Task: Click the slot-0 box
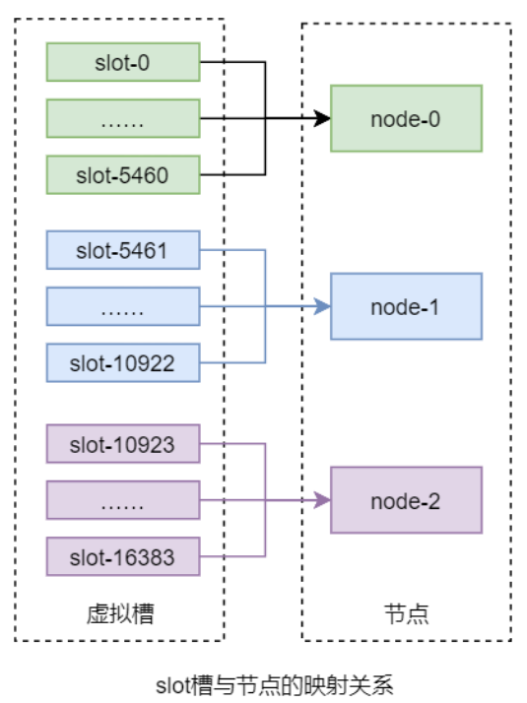[x=123, y=62]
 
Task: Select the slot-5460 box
[x=123, y=175]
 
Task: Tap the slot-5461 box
[x=123, y=250]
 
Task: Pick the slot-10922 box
[x=123, y=362]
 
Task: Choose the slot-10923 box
[x=123, y=444]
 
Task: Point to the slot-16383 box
[x=123, y=557]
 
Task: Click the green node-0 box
[x=406, y=118]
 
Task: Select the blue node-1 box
[x=406, y=306]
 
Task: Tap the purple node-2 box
[x=406, y=500]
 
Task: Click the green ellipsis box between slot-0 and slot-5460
[x=123, y=119]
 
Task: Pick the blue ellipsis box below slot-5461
[x=123, y=306]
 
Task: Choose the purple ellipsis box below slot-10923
[x=123, y=501]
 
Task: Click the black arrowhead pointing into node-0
[x=322, y=119]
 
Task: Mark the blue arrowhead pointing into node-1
[x=322, y=306]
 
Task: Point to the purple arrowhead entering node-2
[x=322, y=501]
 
